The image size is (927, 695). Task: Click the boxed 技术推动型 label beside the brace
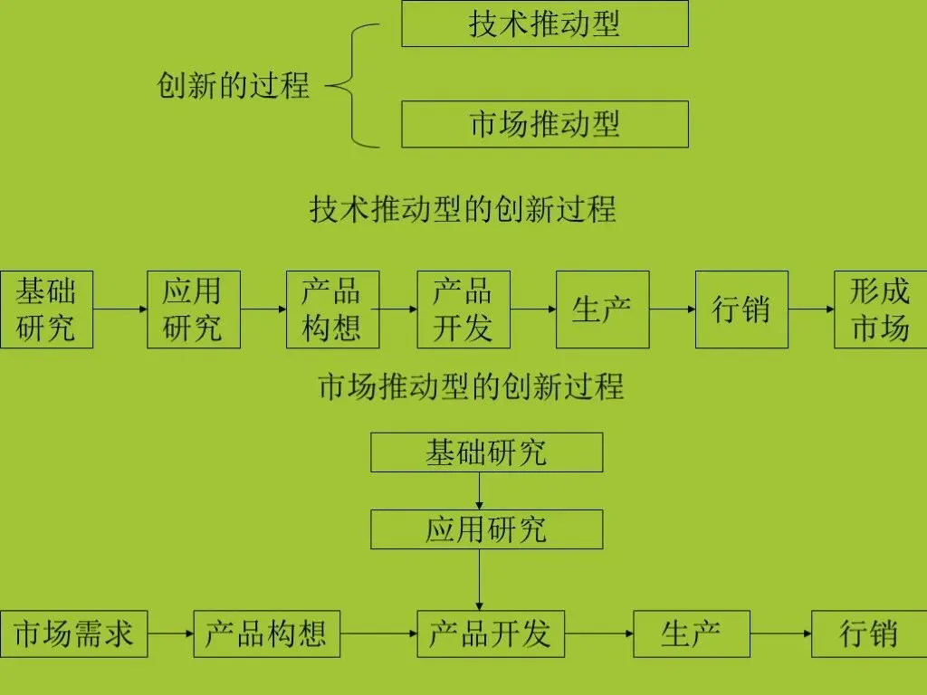click(544, 24)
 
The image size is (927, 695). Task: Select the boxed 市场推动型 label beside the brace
click(544, 124)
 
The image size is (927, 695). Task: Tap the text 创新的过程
click(234, 86)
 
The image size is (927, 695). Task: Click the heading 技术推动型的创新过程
click(463, 209)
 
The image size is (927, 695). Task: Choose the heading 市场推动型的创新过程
click(471, 386)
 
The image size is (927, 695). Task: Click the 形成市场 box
click(880, 309)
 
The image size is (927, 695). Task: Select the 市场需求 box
click(73, 633)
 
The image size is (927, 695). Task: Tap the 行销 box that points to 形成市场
click(741, 309)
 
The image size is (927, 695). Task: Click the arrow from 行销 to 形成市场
click(811, 309)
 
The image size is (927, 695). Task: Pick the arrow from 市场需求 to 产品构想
click(171, 633)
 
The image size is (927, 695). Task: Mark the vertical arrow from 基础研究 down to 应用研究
click(479, 490)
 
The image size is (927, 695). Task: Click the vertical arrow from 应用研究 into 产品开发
click(479, 579)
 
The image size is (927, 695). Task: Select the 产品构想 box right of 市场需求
click(266, 633)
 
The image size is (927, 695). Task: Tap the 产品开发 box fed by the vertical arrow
click(490, 633)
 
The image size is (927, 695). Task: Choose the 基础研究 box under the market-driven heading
click(486, 452)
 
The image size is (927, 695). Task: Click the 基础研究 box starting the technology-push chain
click(46, 309)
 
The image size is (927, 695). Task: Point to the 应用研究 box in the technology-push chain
click(193, 309)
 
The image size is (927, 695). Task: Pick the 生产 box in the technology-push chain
click(602, 309)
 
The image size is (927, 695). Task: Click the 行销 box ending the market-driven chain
click(869, 633)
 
